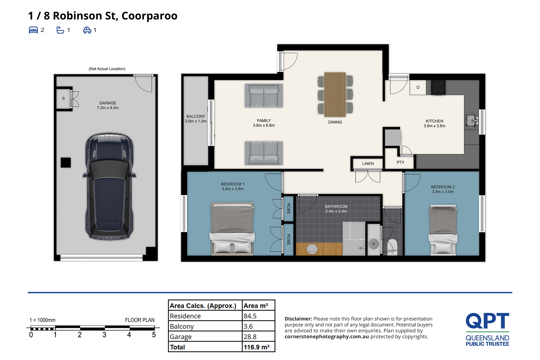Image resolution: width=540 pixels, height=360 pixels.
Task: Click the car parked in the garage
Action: click(x=109, y=186)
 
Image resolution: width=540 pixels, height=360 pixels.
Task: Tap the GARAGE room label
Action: click(x=108, y=103)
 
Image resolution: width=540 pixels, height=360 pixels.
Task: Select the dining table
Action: click(x=335, y=94)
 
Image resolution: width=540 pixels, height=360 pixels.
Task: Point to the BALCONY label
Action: click(x=196, y=116)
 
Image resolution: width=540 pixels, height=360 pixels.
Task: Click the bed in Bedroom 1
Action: click(x=232, y=228)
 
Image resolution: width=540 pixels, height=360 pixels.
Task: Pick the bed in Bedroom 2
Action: click(x=443, y=230)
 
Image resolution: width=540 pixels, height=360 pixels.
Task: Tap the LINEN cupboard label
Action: click(x=368, y=164)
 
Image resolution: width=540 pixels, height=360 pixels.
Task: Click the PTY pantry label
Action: click(x=400, y=162)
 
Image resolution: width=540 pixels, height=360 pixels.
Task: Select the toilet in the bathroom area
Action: click(x=392, y=247)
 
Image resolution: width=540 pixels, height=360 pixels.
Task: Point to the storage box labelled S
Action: click(x=64, y=98)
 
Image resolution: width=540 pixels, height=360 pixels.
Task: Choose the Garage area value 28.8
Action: click(x=250, y=337)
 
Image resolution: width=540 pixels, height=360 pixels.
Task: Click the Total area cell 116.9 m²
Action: click(x=256, y=347)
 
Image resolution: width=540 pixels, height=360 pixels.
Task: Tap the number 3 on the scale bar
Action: click(x=104, y=335)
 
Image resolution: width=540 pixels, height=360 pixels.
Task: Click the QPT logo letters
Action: click(x=487, y=321)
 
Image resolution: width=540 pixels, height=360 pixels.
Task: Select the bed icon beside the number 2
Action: click(x=33, y=30)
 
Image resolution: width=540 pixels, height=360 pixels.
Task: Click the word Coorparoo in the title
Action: click(x=149, y=16)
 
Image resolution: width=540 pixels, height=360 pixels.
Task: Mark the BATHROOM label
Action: click(x=336, y=207)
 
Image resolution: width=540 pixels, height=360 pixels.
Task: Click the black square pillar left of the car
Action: click(x=66, y=162)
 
